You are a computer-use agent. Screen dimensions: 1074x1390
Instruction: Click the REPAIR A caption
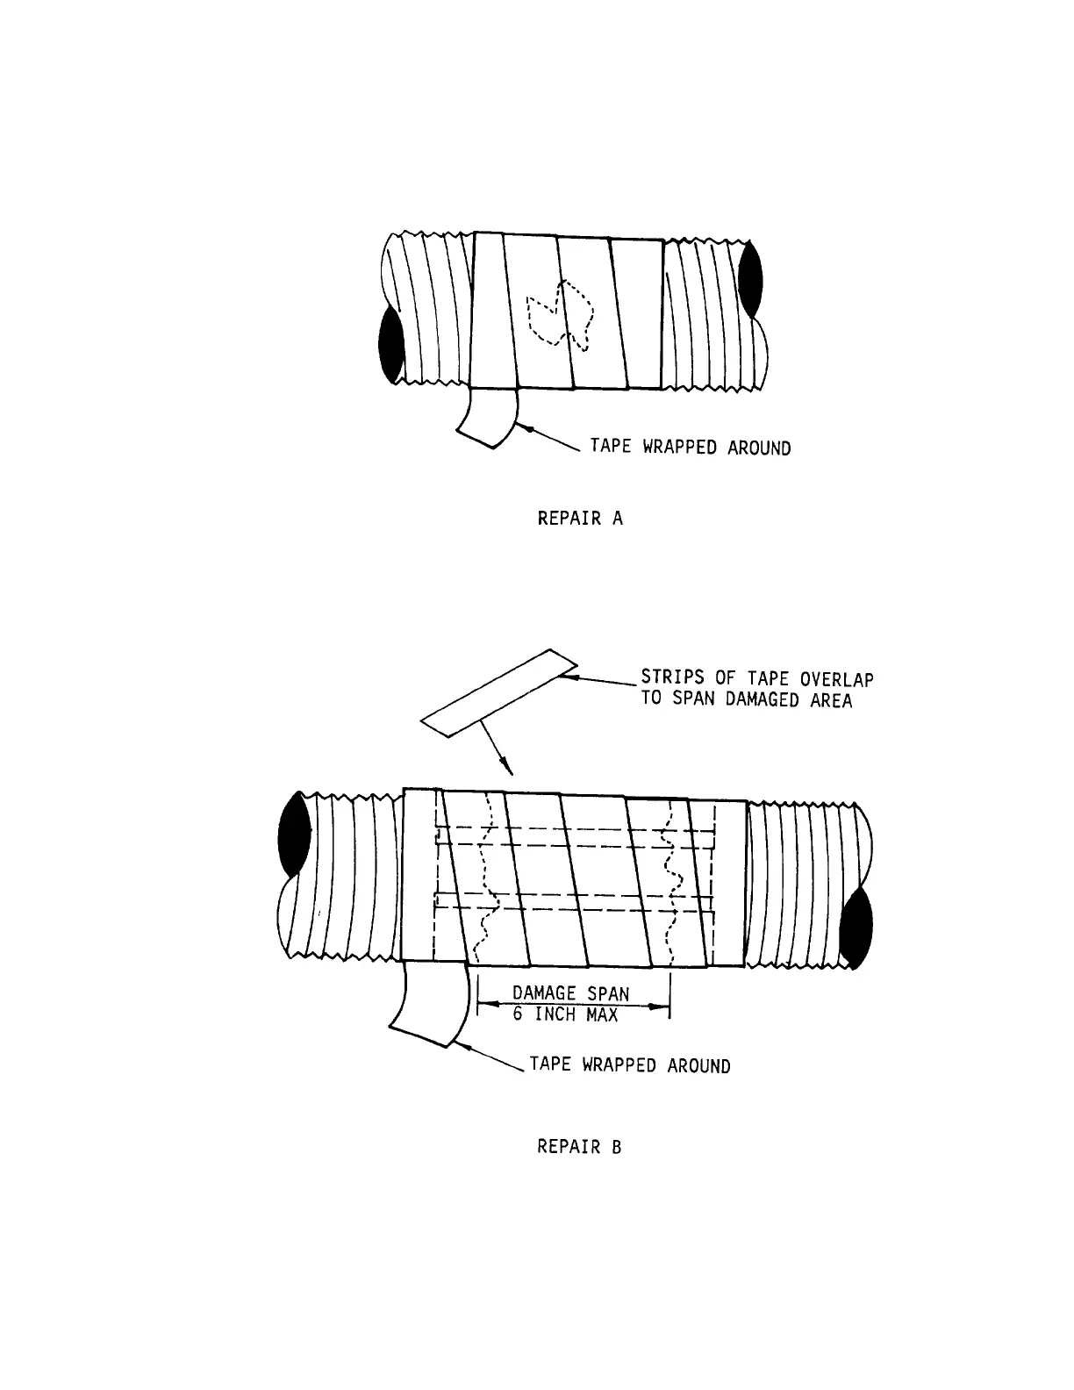click(x=580, y=519)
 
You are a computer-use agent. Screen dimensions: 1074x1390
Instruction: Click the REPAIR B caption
click(x=579, y=1147)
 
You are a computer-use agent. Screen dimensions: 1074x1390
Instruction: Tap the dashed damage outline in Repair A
click(x=559, y=314)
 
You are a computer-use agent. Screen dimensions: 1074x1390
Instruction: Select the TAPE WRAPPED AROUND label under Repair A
click(x=690, y=448)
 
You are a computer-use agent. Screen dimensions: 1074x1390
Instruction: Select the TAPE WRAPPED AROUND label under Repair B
click(x=629, y=1066)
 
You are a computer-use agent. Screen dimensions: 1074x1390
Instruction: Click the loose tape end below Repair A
click(x=487, y=419)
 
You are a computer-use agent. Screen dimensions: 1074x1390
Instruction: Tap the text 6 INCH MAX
click(x=566, y=1015)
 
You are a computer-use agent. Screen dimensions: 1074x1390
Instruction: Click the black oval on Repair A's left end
click(x=390, y=345)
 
